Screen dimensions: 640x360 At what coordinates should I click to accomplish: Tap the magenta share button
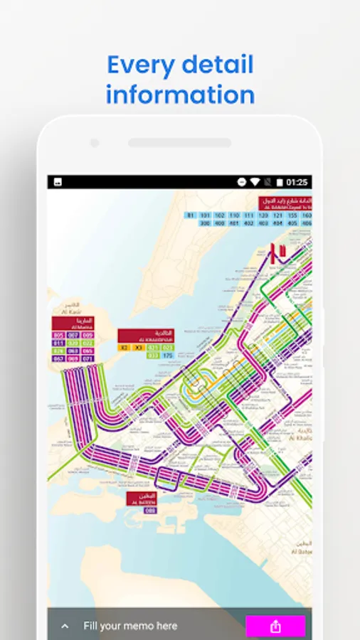275,626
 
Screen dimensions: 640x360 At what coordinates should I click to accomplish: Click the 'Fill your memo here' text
130,626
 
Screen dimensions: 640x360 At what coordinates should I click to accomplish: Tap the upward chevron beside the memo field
65,626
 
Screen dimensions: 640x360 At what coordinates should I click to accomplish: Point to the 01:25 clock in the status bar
297,183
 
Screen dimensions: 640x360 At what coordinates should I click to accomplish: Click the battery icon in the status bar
280,183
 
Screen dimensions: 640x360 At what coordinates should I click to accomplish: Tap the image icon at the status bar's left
58,183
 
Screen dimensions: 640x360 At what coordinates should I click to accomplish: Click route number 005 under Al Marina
58,334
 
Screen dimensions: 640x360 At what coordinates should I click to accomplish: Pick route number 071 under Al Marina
88,358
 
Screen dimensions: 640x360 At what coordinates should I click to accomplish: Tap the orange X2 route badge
124,347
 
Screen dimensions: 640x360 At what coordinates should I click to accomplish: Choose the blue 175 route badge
167,355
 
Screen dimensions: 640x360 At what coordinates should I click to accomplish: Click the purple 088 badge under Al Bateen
150,510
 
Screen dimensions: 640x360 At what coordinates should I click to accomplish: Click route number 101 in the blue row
205,215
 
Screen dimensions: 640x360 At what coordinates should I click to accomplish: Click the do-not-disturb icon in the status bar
243,183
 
